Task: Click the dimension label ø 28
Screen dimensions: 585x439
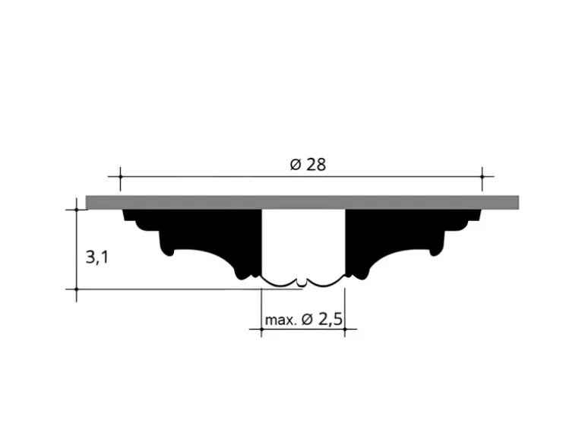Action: (308, 165)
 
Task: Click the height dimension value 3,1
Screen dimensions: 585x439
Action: (97, 257)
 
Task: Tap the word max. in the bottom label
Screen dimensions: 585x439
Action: (280, 320)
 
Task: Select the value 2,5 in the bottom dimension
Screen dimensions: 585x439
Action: (330, 319)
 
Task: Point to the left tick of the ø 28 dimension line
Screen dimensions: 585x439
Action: (121, 176)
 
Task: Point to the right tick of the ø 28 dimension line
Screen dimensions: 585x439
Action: (482, 176)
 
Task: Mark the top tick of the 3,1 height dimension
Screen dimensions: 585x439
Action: (77, 210)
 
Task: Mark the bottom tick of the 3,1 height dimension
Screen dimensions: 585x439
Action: (77, 289)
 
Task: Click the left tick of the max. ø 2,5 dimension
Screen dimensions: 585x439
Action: (261, 330)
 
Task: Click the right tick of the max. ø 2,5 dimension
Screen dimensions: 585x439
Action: (345, 330)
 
